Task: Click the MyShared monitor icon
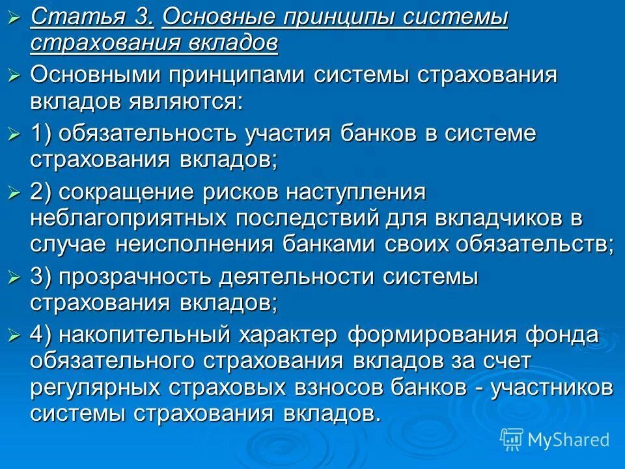[x=512, y=440]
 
